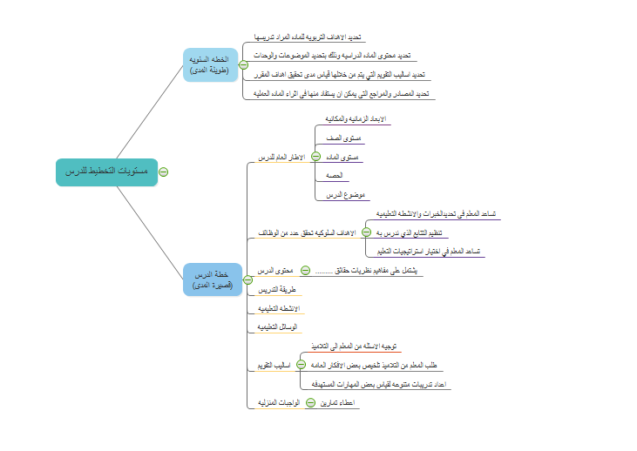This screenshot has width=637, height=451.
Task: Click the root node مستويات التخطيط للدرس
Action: [x=106, y=172]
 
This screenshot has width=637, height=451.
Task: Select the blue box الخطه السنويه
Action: [x=209, y=65]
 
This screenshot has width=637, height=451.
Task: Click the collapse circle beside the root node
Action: [x=164, y=172]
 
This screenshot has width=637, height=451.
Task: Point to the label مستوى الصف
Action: [x=344, y=138]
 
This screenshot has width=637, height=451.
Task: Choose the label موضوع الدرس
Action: [x=344, y=196]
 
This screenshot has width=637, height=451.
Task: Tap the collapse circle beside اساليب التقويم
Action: [x=302, y=365]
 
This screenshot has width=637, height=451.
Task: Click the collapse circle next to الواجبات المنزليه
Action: [x=310, y=403]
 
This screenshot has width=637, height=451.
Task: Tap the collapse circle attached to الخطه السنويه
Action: [x=243, y=65]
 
